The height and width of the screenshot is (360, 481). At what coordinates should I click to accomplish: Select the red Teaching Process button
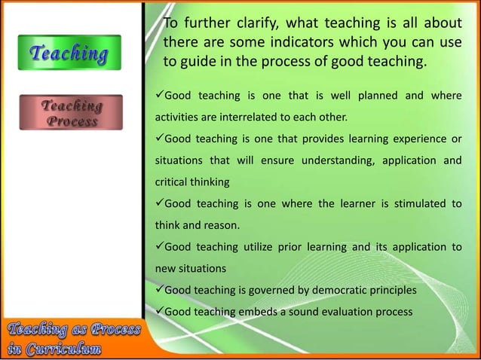coord(72,113)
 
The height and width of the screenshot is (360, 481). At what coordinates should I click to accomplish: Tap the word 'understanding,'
coord(342,160)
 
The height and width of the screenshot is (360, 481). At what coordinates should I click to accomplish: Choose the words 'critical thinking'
coord(191,182)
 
